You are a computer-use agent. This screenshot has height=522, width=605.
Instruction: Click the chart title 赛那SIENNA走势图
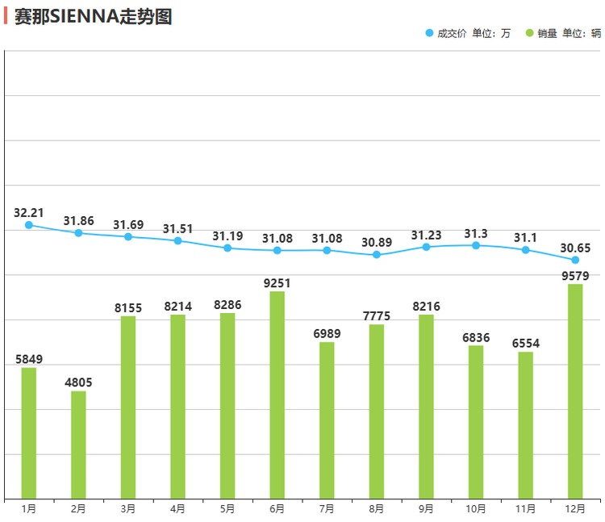pyautogui.click(x=94, y=16)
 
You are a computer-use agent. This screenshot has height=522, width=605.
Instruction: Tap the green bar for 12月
pyautogui.click(x=575, y=391)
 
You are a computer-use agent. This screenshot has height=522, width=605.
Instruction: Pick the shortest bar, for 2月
pyautogui.click(x=78, y=445)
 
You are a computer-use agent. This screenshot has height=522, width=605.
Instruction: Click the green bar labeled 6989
pyautogui.click(x=327, y=420)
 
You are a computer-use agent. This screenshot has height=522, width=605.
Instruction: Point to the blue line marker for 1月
pyautogui.click(x=29, y=225)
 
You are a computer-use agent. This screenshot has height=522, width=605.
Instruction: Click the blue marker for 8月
pyautogui.click(x=377, y=255)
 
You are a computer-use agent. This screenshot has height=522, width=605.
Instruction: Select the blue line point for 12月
pyautogui.click(x=575, y=260)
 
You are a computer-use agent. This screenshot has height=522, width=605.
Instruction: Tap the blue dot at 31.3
pyautogui.click(x=476, y=245)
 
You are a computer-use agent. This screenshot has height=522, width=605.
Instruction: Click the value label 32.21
pyautogui.click(x=29, y=213)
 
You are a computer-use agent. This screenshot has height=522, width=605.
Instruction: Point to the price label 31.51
pyautogui.click(x=177, y=229)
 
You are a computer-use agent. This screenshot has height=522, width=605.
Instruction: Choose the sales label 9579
pyautogui.click(x=575, y=276)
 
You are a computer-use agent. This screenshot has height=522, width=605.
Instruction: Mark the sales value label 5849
pyautogui.click(x=29, y=359)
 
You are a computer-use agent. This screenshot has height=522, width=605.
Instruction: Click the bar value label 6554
pyautogui.click(x=526, y=344)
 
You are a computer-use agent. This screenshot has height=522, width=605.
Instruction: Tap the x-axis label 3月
pyautogui.click(x=127, y=508)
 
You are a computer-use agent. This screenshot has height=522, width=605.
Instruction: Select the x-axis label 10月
pyautogui.click(x=476, y=508)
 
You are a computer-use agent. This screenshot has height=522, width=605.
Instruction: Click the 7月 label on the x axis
pyautogui.click(x=327, y=508)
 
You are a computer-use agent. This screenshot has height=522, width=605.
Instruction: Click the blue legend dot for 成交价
pyautogui.click(x=429, y=33)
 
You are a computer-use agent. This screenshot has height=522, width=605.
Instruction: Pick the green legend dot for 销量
pyautogui.click(x=529, y=33)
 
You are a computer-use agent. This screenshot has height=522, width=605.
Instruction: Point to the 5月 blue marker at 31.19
pyautogui.click(x=227, y=248)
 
